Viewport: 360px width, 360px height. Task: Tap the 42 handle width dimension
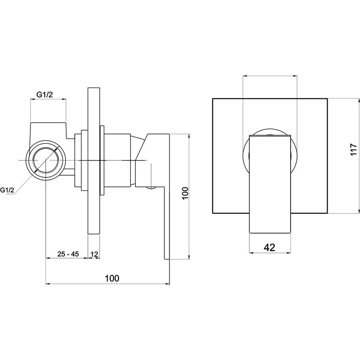[269, 248]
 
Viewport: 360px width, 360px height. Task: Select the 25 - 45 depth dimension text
[68, 254]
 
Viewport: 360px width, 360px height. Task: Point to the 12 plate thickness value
[95, 254]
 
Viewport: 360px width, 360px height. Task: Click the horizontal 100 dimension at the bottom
[112, 278]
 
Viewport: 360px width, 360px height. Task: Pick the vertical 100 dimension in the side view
[185, 193]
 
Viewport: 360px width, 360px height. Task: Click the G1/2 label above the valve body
[45, 95]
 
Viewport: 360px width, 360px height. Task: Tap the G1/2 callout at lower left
[7, 190]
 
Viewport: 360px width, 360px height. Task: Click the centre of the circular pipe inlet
[46, 160]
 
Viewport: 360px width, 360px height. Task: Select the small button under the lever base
[151, 188]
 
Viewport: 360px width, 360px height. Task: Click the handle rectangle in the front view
[270, 184]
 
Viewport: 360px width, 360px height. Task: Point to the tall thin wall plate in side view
[94, 161]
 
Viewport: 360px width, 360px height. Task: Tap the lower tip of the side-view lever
[167, 259]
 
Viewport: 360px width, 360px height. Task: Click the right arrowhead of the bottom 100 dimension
[167, 284]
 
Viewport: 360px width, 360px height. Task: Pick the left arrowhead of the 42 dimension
[252, 253]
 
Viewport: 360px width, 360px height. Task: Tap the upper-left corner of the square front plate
[213, 99]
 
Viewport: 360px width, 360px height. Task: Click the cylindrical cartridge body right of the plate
[118, 160]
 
